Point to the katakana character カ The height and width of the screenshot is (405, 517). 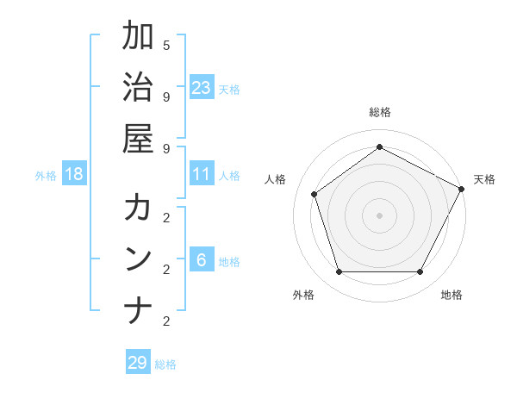[138, 208]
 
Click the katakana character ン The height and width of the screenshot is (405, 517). [138, 259]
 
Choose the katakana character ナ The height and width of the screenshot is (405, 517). [138, 310]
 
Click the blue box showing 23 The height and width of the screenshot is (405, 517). [202, 87]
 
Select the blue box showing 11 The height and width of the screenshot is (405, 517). [202, 174]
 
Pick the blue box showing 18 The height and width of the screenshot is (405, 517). [74, 174]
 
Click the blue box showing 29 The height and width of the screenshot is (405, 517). [138, 362]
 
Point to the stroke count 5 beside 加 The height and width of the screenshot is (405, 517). [166, 45]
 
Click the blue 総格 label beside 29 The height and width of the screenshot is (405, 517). [165, 364]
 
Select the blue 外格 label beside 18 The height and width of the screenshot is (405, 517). [46, 176]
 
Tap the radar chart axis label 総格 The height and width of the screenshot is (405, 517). [379, 112]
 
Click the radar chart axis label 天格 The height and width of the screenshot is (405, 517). [484, 179]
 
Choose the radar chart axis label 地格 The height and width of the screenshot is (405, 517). [452, 295]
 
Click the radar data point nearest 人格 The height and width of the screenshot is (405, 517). [315, 194]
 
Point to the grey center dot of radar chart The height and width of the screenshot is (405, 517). [379, 215]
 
